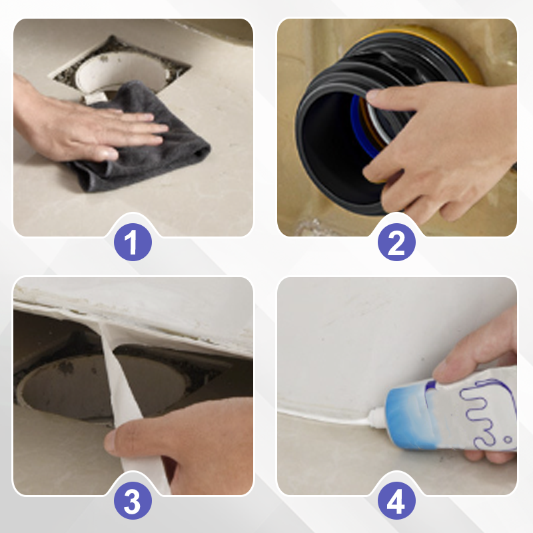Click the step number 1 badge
[133, 242]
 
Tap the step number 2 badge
[396, 242]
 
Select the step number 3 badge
[133, 500]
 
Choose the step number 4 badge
[396, 500]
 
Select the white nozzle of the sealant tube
[378, 417]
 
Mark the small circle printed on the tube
[508, 440]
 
